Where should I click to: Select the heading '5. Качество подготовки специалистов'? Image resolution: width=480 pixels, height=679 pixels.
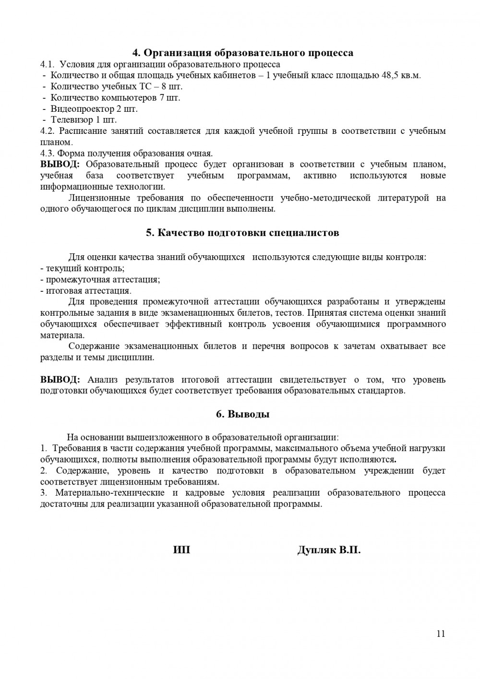click(242, 233)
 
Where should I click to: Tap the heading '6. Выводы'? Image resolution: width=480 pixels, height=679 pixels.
click(242, 414)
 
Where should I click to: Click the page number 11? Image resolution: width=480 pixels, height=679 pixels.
click(441, 633)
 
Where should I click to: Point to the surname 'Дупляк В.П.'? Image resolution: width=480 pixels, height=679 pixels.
click(329, 550)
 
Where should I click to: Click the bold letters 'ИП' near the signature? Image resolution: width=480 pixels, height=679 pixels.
click(181, 550)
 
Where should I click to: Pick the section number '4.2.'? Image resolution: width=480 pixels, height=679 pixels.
click(48, 131)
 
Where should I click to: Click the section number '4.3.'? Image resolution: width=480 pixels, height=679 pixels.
click(48, 154)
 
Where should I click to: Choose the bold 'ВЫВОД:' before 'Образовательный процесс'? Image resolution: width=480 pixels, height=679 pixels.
click(60, 165)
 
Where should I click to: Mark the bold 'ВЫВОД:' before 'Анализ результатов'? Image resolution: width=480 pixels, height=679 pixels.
click(60, 380)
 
